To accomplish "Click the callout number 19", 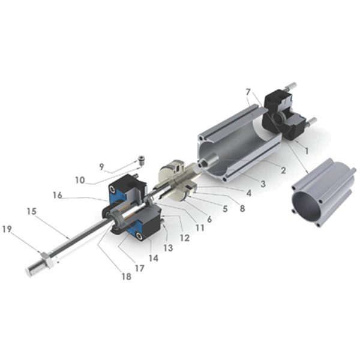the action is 7,229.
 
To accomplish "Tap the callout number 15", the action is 32,211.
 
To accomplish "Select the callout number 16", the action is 58,195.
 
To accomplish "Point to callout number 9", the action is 101,167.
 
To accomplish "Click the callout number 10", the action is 80,180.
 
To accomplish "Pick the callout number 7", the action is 248,92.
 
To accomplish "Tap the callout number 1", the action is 306,151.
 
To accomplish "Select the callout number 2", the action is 283,170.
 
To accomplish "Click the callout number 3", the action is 263,184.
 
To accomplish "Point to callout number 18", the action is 127,277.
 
